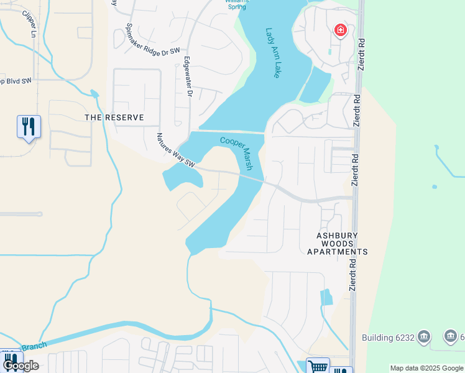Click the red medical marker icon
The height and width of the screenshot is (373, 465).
pos(340,30)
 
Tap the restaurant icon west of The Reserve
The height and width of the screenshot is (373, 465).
pos(29,127)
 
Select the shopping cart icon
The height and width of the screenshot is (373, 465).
pos(318,366)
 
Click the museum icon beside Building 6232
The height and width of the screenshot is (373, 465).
pos(424,337)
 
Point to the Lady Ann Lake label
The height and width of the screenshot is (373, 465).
pos(273,53)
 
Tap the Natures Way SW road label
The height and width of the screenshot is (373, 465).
pos(176,151)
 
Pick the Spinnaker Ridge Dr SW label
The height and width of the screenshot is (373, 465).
pos(152,42)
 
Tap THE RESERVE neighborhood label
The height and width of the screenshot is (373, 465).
pos(114,117)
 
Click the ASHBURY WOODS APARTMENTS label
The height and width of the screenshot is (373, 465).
pos(338,244)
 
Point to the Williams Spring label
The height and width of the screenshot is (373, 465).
pos(237,3)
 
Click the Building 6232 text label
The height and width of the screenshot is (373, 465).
pos(388,338)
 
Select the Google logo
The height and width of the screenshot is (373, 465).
pos(21,366)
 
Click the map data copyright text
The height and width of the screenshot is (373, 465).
pos(426,368)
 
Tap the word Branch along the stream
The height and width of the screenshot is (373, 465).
pos(34,347)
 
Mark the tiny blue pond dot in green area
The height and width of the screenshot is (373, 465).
pos(434,186)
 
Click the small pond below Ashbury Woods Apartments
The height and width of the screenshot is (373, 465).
pos(326,297)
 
